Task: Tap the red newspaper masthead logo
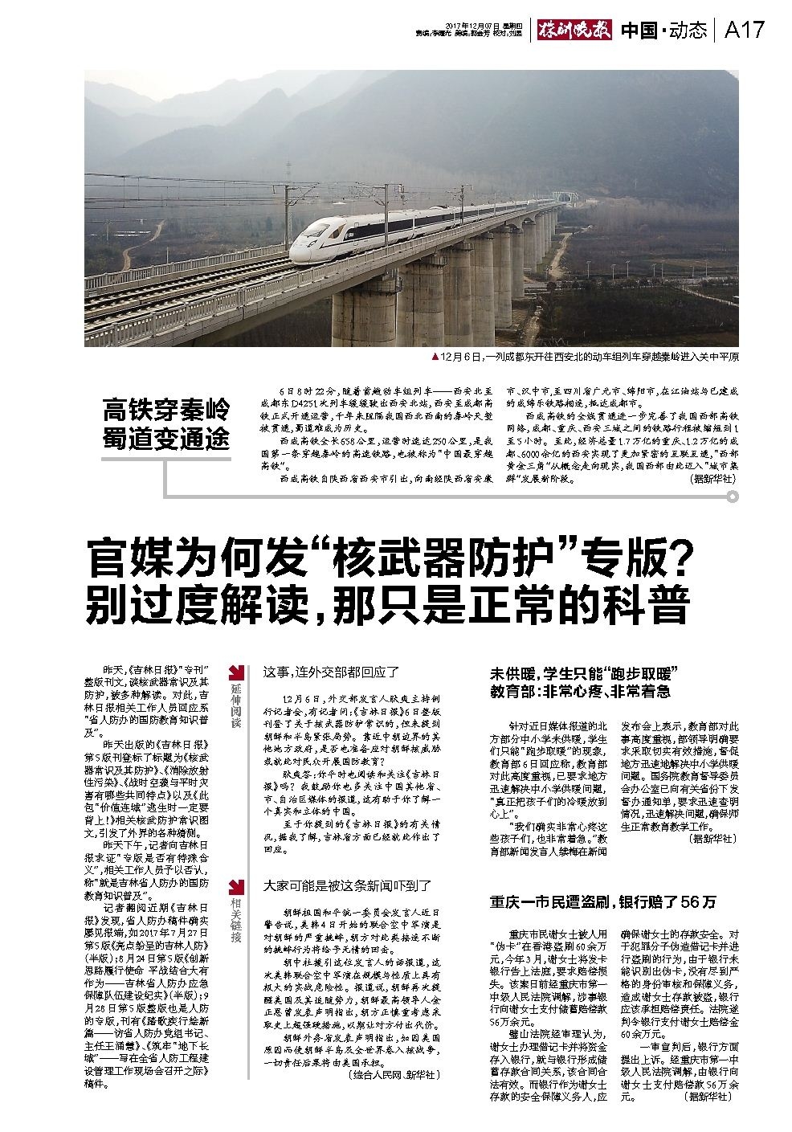pos(575,31)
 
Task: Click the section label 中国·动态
pos(663,31)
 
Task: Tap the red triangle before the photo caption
pos(435,356)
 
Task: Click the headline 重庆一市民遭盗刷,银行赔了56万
pos(603,901)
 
